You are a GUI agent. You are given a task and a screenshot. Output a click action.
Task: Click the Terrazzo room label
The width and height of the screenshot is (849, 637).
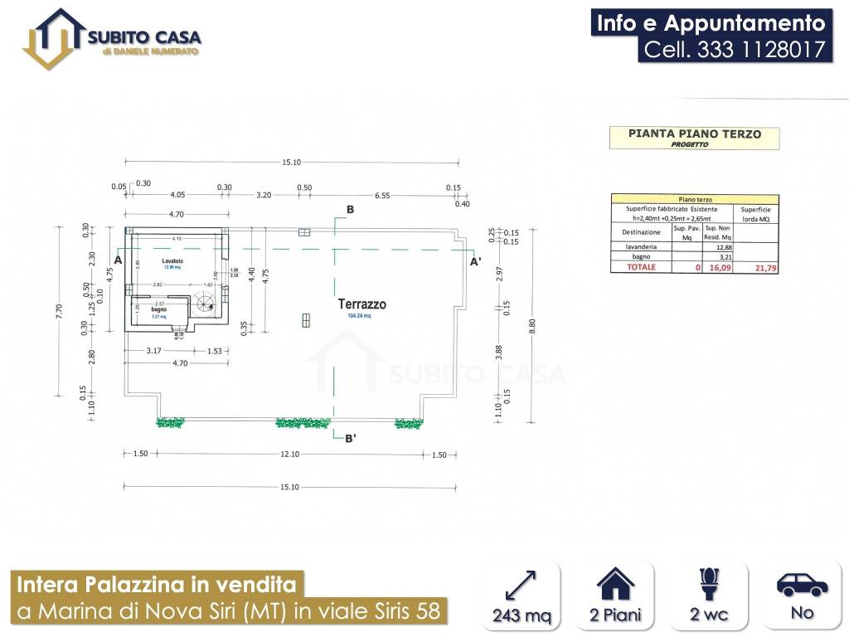coord(361,304)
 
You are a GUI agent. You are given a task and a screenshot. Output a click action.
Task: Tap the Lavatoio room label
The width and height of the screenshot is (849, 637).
coord(172,261)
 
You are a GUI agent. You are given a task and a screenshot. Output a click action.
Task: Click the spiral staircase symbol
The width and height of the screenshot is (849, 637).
coord(204,304)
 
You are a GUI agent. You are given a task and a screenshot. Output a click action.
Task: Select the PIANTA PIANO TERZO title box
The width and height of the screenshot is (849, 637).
coord(694,137)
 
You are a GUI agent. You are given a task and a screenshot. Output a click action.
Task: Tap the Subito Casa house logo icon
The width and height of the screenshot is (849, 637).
coord(54,38)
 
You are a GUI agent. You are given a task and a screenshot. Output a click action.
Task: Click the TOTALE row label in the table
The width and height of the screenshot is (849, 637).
coord(641,268)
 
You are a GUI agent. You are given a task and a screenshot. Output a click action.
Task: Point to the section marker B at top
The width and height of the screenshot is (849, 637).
coord(350,210)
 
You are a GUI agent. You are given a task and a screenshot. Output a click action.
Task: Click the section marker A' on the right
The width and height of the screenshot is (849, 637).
coord(475,261)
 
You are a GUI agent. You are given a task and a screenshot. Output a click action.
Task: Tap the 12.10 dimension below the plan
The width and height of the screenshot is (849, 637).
coord(289,455)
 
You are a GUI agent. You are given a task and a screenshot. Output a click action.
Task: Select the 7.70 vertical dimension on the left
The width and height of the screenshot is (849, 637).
coord(59,312)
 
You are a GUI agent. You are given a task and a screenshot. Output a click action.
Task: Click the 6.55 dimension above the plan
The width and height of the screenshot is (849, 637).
coord(382,195)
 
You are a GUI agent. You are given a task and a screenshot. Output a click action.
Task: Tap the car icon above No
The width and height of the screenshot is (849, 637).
coord(802,584)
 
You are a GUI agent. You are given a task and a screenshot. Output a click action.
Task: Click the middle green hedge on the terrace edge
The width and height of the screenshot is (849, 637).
coord(303,423)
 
